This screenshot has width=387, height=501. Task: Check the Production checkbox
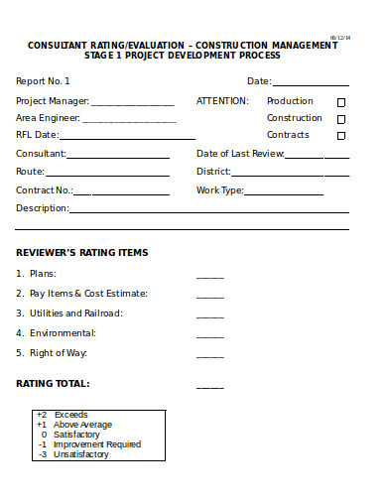point(341,102)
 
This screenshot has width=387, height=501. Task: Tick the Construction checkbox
point(341,119)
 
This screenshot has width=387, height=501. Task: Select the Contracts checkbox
point(341,136)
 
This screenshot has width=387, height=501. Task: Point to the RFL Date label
point(38,135)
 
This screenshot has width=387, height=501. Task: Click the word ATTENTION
point(223,101)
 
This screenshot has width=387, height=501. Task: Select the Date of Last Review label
point(240,154)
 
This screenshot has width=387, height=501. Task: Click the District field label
point(213,172)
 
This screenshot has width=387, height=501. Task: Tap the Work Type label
point(220,189)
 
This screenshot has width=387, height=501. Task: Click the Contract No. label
point(45,189)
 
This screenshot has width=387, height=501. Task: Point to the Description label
point(42,208)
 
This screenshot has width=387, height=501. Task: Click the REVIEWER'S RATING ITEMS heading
point(81,252)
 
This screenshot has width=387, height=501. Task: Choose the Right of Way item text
point(59,353)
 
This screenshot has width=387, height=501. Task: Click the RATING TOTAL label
point(53,383)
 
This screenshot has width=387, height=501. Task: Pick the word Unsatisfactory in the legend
point(81,454)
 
